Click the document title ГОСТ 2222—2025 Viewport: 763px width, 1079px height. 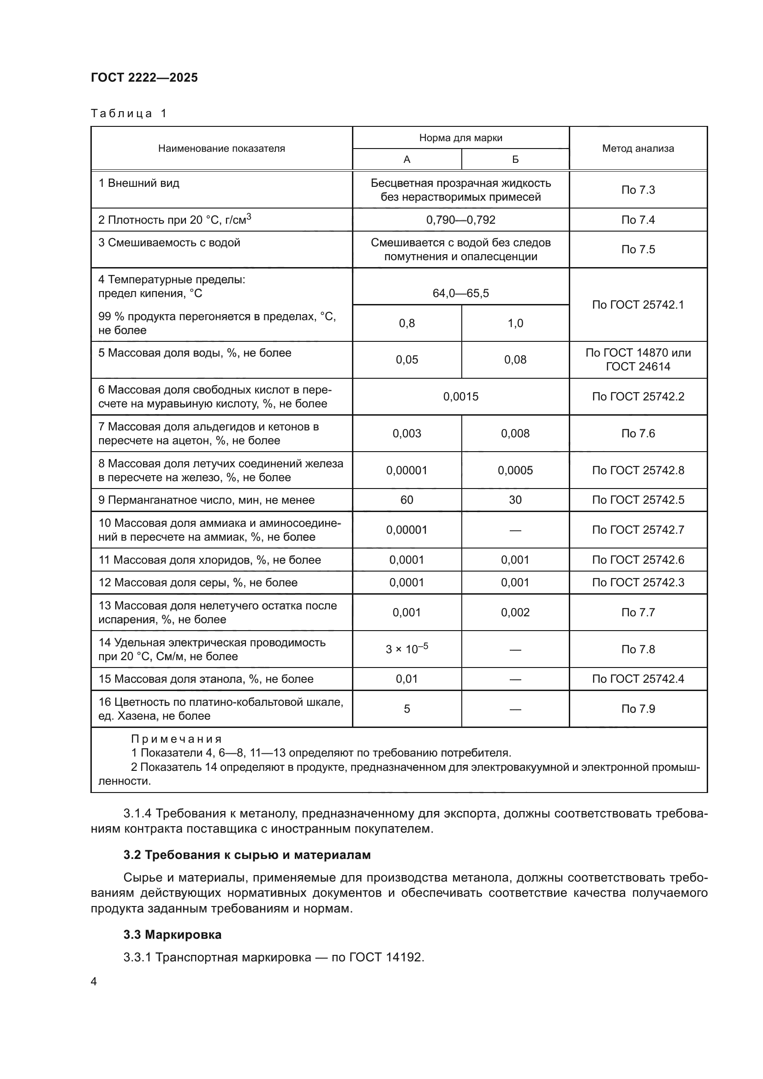pyautogui.click(x=144, y=77)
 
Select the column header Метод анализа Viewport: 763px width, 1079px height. pyautogui.click(x=638, y=149)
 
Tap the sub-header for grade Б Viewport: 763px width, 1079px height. pyautogui.click(x=515, y=159)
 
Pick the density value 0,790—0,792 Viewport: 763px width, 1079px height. pyautogui.click(x=460, y=220)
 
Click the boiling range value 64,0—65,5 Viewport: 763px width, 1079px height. pyautogui.click(x=460, y=293)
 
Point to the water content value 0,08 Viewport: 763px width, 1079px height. pyautogui.click(x=515, y=359)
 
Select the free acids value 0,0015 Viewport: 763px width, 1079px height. pyautogui.click(x=460, y=396)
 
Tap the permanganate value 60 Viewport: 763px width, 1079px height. pyautogui.click(x=406, y=500)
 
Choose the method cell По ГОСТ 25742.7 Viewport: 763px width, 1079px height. pyautogui.click(x=638, y=530)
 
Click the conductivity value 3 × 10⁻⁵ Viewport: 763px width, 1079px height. pyautogui.click(x=406, y=649)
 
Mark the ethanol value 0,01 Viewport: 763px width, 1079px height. pyautogui.click(x=406, y=679)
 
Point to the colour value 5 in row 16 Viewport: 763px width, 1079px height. pyautogui.click(x=406, y=709)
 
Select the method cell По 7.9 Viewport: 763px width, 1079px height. pyautogui.click(x=638, y=709)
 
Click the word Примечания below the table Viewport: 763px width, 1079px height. pyautogui.click(x=176, y=739)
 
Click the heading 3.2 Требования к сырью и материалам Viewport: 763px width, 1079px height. pyautogui.click(x=247, y=854)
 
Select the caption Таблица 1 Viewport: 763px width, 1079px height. pyautogui.click(x=129, y=113)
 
